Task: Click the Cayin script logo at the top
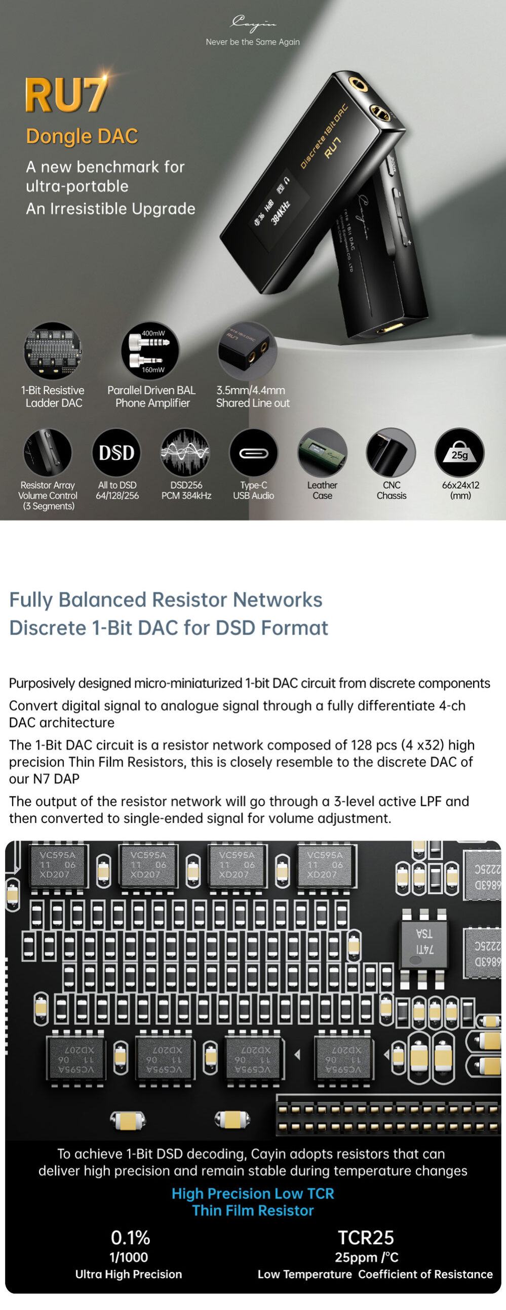[253, 23]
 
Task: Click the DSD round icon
[116, 452]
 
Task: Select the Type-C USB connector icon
[253, 452]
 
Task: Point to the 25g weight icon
[459, 452]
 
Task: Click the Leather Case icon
[322, 452]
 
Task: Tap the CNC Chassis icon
[391, 452]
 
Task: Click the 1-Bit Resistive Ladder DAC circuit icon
[52, 350]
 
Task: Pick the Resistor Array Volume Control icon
[47, 452]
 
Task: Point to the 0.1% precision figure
[130, 1237]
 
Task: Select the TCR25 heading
[366, 1237]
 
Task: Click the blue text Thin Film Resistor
[253, 1210]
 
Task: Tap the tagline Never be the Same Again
[253, 42]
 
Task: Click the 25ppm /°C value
[366, 1257]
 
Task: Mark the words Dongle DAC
[82, 136]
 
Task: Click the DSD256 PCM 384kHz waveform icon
[185, 452]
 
